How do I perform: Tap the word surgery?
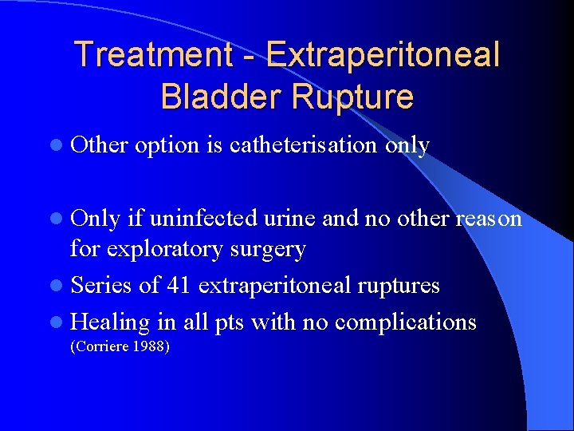coord(268,250)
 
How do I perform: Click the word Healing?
coord(109,322)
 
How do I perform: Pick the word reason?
coord(487,219)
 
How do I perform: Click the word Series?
coord(101,285)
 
